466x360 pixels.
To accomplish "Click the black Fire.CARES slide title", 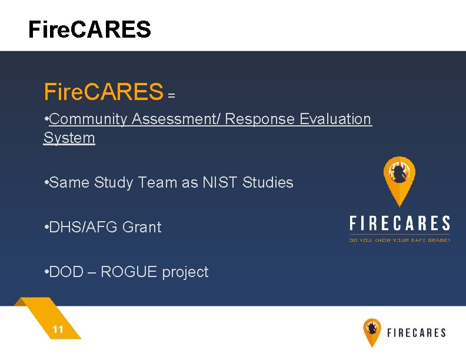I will pyautogui.click(x=89, y=29).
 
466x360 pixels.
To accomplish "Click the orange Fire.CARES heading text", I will pyautogui.click(x=103, y=92).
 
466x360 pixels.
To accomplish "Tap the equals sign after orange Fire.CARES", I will pyautogui.click(x=172, y=95).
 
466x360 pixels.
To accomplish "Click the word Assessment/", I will pyautogui.click(x=176, y=119).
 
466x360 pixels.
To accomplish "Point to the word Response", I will pyautogui.click(x=260, y=119).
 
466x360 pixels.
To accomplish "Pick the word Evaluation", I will pyautogui.click(x=335, y=119).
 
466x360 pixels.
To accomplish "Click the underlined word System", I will pyautogui.click(x=69, y=138).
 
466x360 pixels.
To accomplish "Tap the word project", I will pyautogui.click(x=185, y=272).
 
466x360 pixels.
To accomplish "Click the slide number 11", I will pyautogui.click(x=58, y=329).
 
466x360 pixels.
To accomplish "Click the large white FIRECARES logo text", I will pyautogui.click(x=400, y=224).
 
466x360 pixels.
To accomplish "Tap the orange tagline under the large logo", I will pyautogui.click(x=400, y=239).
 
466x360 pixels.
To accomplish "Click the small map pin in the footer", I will pyautogui.click(x=372, y=331).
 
